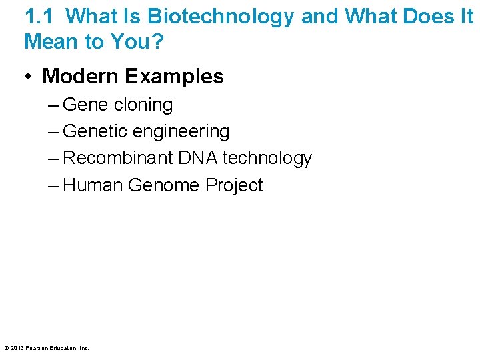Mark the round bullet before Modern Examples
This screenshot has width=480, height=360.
point(29,77)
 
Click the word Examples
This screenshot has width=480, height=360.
point(173,77)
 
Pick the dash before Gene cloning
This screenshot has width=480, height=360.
point(53,105)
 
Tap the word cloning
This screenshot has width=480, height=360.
point(143,105)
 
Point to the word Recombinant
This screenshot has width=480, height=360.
point(118,159)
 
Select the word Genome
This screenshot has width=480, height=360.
point(163,185)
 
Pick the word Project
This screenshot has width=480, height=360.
point(234,185)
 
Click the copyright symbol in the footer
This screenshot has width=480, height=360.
point(6,348)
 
